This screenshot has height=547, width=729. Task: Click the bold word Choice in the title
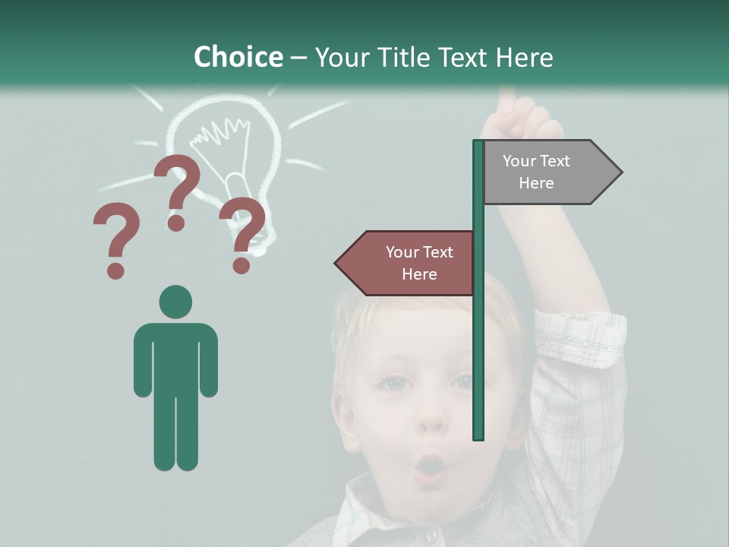pos(238,57)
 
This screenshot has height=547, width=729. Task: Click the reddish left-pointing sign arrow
pos(407,263)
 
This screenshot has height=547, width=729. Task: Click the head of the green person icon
pos(175,302)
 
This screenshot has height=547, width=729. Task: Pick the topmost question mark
pos(178,190)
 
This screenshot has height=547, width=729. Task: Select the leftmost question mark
pos(116,240)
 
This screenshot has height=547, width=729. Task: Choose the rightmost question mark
pos(243,232)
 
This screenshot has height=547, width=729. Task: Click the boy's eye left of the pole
pos(396,383)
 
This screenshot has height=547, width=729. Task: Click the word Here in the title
pos(524,57)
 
